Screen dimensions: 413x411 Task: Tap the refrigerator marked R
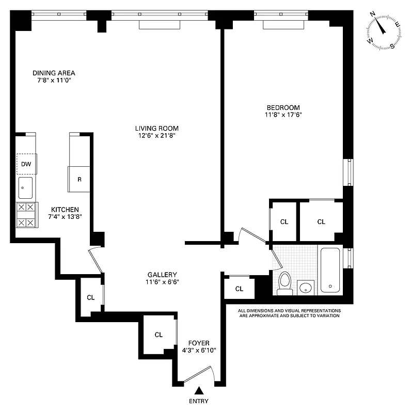[x=79, y=179]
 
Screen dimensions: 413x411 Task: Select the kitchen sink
[x=26, y=188]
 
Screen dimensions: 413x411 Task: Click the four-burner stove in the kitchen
[x=26, y=215]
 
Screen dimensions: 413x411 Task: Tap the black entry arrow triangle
[x=199, y=391]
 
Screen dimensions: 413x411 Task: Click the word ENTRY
[x=199, y=401]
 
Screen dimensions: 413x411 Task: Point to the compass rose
[x=384, y=30]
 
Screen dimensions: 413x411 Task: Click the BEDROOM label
[x=280, y=107]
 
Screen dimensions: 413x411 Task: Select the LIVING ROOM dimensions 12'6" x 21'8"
[x=157, y=136]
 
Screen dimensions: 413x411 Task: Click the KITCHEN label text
[x=65, y=209]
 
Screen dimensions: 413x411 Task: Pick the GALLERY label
[x=162, y=275]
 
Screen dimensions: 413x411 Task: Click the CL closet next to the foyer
[x=159, y=335]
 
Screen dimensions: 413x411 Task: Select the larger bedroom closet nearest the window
[x=321, y=221]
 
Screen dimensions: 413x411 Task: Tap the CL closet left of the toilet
[x=239, y=289]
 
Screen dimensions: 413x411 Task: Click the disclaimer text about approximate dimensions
[x=289, y=313]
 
